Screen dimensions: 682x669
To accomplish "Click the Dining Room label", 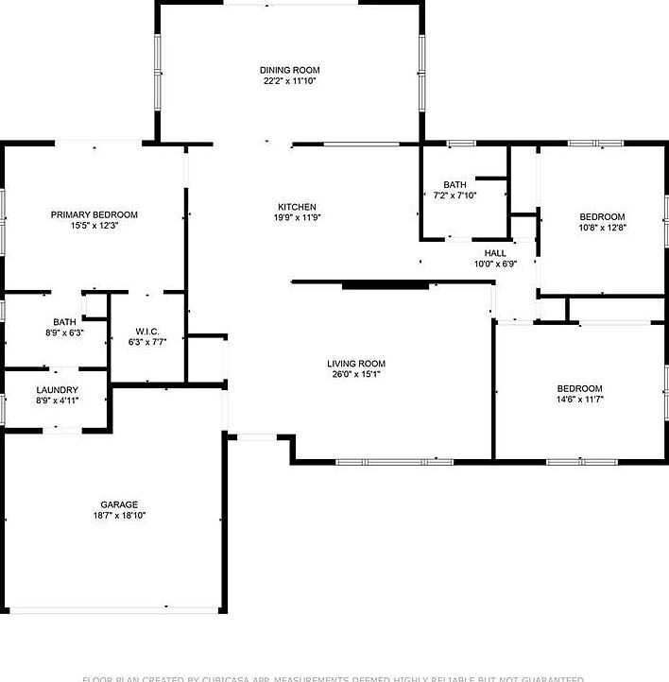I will pos(290,70).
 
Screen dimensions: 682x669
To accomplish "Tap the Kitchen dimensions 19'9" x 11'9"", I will pos(297,218).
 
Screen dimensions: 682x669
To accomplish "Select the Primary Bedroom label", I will pos(94,214).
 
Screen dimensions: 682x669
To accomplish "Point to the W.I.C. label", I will pos(146,331).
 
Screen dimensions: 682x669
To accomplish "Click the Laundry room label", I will pos(58,390).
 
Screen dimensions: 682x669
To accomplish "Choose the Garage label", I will pos(120,504).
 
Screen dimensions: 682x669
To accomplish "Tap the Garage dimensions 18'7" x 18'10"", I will pos(120,516).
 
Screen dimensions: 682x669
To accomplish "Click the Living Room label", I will pos(356,364).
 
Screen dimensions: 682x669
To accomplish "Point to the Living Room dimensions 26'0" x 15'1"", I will pos(356,375).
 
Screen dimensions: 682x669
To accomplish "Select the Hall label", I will pos(495,253).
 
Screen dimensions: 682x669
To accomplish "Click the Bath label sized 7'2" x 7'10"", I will pos(455,184).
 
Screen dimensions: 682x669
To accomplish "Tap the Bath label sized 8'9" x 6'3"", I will pos(64,322).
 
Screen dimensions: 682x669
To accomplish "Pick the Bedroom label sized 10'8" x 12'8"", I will pos(602,216).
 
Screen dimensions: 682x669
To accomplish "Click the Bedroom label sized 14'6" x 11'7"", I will pos(579,388).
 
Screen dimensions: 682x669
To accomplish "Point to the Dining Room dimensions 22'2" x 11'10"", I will pos(290,81).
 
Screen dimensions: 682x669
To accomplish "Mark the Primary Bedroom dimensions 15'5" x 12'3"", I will pos(94,226).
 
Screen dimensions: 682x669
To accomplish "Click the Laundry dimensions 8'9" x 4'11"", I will pos(58,401).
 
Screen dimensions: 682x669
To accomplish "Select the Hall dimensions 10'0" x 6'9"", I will pos(495,264).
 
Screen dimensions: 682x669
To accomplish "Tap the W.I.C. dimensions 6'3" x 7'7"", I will pos(146,342).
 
